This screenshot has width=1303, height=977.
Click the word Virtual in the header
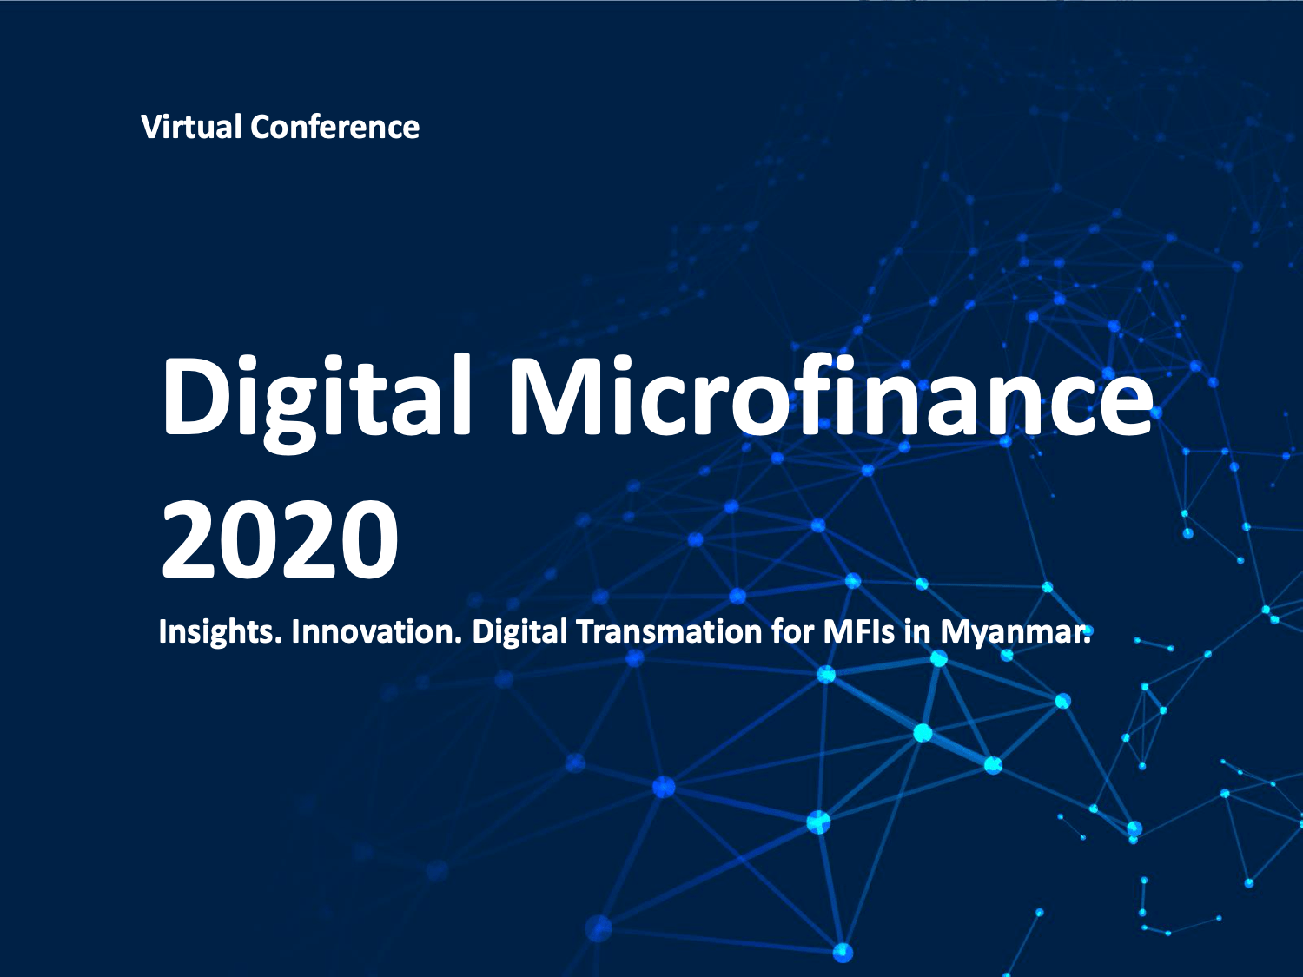tap(191, 127)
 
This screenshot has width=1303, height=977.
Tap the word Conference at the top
tap(334, 127)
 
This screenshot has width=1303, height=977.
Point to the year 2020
tap(280, 540)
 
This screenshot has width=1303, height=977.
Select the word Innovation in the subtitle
tap(375, 631)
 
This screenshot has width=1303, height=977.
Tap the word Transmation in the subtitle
tap(669, 631)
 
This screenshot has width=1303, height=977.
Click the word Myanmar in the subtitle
tap(1015, 631)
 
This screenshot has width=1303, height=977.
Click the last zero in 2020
tap(368, 540)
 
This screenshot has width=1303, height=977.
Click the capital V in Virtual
tap(151, 127)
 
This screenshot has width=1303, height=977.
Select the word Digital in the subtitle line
tap(519, 631)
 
